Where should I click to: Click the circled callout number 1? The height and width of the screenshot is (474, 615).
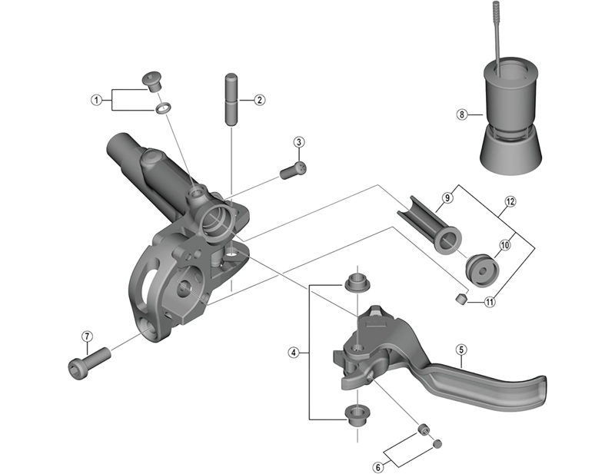click(x=96, y=100)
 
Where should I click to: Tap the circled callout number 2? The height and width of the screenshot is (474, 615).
click(x=260, y=100)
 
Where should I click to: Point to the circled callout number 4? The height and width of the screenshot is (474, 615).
click(x=293, y=353)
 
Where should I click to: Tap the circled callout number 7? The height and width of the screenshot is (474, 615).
click(x=87, y=336)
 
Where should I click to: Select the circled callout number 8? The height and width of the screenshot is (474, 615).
click(x=462, y=115)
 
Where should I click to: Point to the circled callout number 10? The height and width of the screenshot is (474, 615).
click(x=505, y=245)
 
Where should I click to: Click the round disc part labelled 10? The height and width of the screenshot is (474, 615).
click(x=483, y=268)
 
